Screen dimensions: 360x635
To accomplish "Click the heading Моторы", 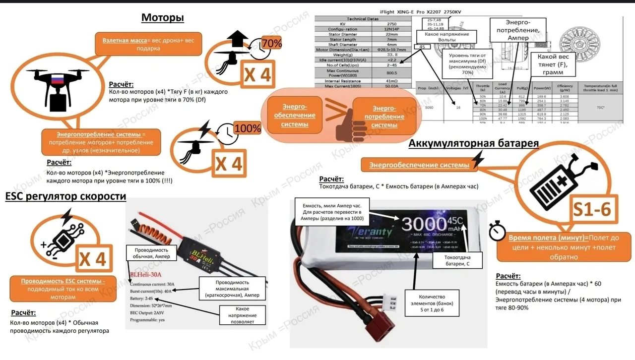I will (163, 18).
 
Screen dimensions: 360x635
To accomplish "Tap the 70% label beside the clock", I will (271, 44).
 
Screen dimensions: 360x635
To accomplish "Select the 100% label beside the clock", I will (247, 128).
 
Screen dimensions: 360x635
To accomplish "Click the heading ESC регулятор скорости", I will (65, 196).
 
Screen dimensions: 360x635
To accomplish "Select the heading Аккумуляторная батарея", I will (473, 143).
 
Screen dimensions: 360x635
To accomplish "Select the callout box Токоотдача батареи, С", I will (458, 261).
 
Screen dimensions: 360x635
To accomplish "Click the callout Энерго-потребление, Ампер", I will (517, 30).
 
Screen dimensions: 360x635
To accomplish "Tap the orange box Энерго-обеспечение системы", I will (291, 115).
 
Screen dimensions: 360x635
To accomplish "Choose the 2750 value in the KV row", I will (391, 24).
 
